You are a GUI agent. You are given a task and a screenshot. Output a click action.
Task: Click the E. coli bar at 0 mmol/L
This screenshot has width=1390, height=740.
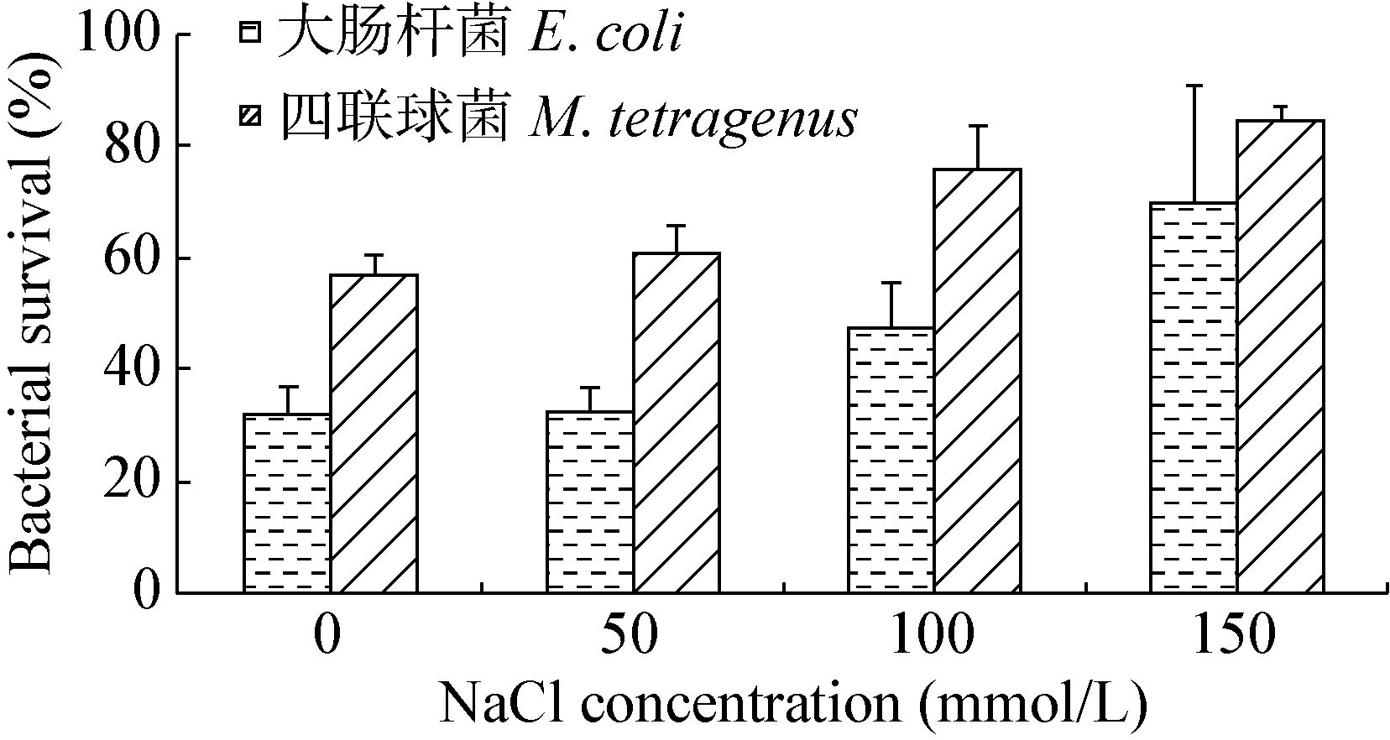coord(287,503)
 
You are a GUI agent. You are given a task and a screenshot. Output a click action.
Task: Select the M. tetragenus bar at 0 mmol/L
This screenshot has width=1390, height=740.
coord(374,434)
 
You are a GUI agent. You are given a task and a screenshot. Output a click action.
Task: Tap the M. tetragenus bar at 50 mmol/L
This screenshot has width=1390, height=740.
coord(676,423)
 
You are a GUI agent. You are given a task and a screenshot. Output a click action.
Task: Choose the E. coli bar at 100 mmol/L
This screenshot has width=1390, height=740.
coord(891,460)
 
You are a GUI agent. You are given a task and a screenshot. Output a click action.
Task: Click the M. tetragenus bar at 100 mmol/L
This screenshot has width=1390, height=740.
coord(978,381)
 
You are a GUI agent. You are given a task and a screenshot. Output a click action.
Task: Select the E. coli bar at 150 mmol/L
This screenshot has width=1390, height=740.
coord(1194,398)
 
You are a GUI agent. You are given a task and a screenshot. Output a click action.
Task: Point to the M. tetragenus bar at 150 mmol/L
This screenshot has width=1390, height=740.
coord(1280,357)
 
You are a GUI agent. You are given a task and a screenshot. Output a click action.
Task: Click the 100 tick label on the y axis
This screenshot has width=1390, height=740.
coord(118,35)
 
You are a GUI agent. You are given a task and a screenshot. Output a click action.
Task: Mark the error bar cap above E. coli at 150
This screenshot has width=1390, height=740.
coord(1194,86)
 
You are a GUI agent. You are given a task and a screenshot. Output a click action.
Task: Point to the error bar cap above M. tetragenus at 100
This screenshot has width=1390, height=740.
coord(978,126)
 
